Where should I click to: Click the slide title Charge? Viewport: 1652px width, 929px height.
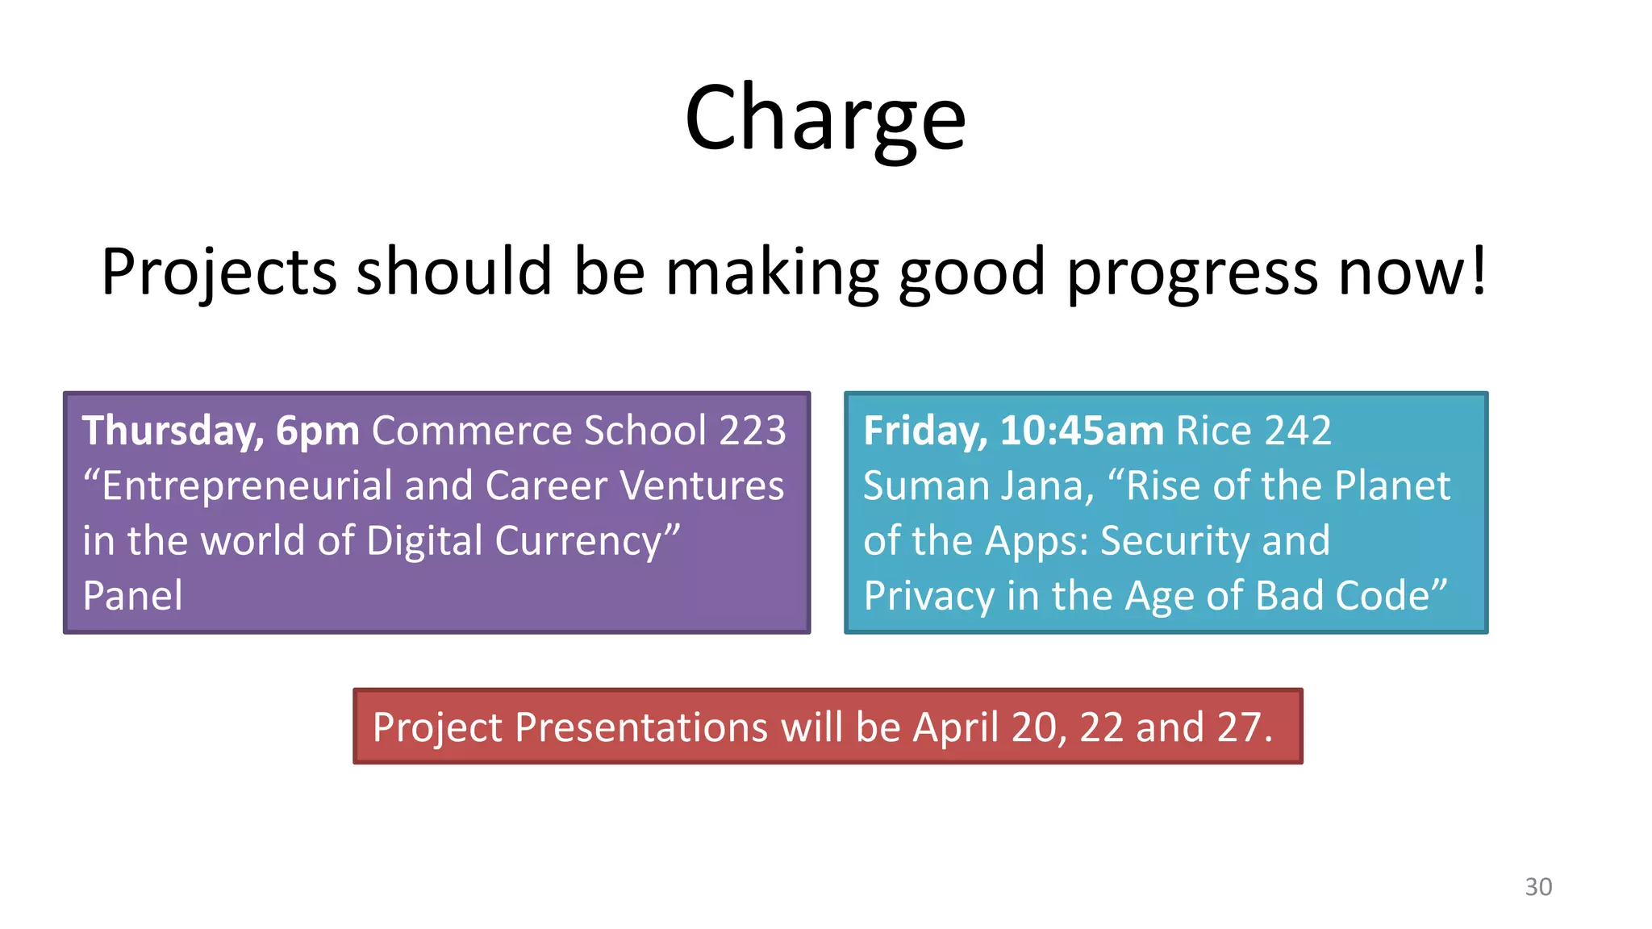tap(824, 119)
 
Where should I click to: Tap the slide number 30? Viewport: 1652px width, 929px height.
tap(1537, 887)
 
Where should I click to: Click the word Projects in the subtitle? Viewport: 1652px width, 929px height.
tap(219, 273)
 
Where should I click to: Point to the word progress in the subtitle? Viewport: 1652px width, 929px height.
tap(1192, 273)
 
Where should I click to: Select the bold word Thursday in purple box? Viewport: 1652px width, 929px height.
tap(172, 431)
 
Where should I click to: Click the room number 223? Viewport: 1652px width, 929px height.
tap(752, 431)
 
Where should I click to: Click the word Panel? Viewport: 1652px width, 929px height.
tap(132, 596)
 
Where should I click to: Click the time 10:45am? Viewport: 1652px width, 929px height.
tap(1082, 431)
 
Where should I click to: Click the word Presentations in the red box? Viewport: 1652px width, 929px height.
tap(641, 727)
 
